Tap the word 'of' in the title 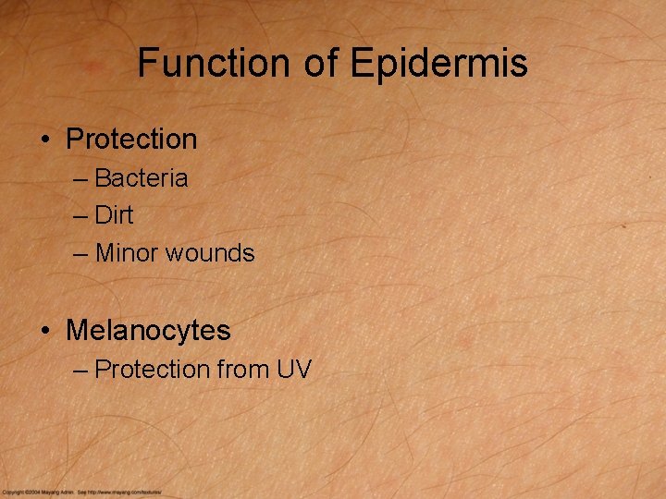point(320,63)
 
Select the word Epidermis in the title point(439,63)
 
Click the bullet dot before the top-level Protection point(44,140)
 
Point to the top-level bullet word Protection point(131,140)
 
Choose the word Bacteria point(141,178)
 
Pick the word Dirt point(114,215)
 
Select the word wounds point(210,252)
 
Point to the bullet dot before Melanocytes point(44,330)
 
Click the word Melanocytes point(148,330)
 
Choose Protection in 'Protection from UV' point(152,370)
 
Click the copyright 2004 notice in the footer point(37,493)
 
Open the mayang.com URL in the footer point(121,493)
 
